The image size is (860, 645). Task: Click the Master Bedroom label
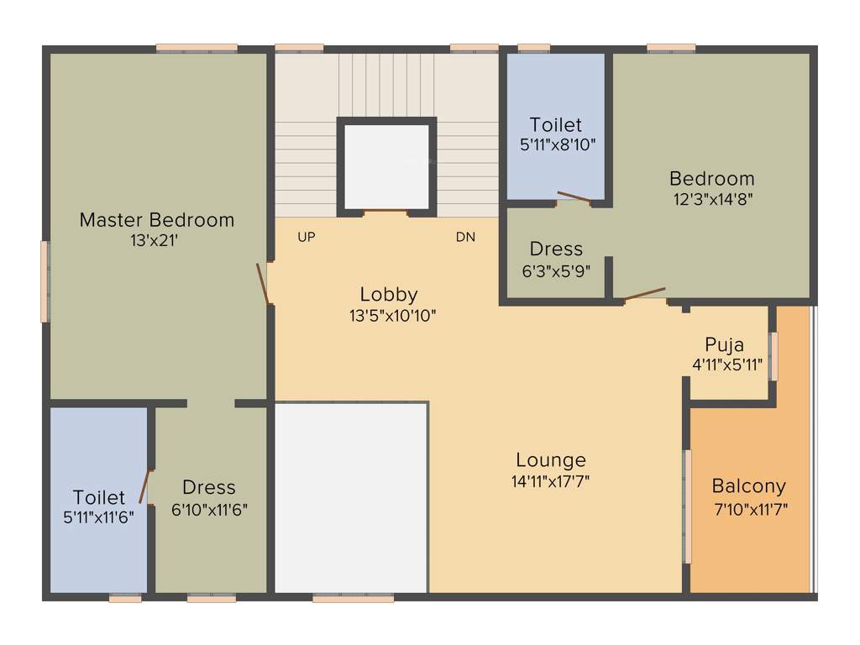[157, 220]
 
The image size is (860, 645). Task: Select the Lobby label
[389, 295]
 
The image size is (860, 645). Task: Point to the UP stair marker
[307, 238]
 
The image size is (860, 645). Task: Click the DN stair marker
[465, 238]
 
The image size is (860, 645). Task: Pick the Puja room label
[724, 345]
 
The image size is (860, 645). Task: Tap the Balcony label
[749, 486]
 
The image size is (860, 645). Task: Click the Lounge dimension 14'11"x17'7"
[551, 481]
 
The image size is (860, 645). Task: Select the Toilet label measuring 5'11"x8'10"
[556, 125]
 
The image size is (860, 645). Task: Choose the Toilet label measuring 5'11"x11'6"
[99, 497]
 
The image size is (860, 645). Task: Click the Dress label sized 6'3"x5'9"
[556, 249]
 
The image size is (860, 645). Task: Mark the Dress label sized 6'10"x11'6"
[209, 487]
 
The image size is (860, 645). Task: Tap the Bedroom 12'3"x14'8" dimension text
[712, 200]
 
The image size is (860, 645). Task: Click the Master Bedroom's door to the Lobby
[264, 284]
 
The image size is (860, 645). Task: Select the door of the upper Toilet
[574, 198]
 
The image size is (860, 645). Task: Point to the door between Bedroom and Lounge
[645, 294]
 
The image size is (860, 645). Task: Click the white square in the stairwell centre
[387, 165]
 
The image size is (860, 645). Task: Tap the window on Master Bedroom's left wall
[45, 281]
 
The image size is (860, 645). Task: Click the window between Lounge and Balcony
[686, 506]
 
